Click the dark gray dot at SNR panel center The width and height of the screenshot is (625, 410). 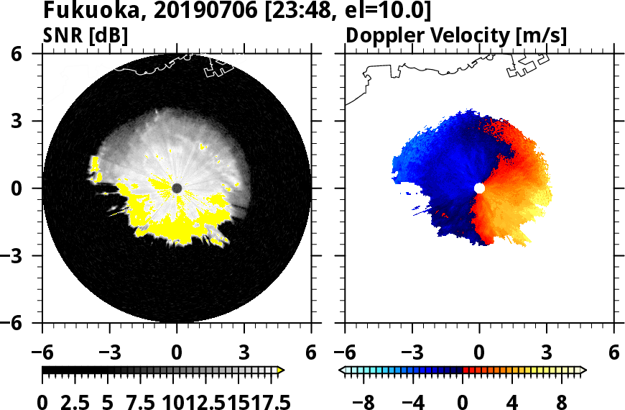pos(177,188)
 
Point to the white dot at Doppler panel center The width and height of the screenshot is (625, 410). pos(479,188)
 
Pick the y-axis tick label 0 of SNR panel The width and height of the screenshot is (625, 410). pos(27,188)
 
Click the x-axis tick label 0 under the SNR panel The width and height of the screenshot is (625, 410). pos(177,352)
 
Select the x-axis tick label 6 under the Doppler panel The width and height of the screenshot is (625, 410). pos(614,352)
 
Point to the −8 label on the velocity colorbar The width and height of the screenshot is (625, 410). pos(364,401)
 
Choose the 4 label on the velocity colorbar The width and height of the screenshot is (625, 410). pos(512,401)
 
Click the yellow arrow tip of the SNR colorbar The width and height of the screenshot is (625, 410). pos(281,370)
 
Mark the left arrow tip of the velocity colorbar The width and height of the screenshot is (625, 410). pos(341,370)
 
